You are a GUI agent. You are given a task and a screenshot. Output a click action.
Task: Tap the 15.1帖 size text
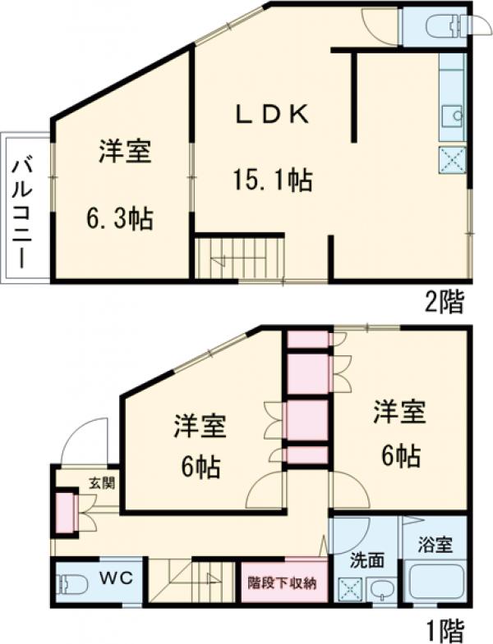(x=272, y=180)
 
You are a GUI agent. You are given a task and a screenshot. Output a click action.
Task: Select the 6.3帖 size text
(x=121, y=219)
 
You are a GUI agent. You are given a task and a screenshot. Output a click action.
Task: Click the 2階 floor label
(x=444, y=301)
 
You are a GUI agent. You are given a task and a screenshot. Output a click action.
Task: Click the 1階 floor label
(x=445, y=630)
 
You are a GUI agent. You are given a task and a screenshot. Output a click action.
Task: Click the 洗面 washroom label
(x=366, y=562)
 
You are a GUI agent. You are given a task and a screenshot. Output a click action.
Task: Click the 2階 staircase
(x=239, y=260)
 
